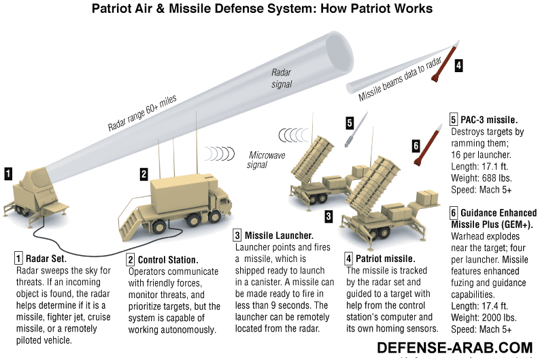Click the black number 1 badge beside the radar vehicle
(7, 174)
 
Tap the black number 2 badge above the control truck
(144, 174)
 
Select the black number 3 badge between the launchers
(328, 216)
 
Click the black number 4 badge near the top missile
(458, 66)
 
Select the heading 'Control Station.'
(168, 260)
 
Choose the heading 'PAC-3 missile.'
(489, 119)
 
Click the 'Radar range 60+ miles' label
(142, 114)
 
